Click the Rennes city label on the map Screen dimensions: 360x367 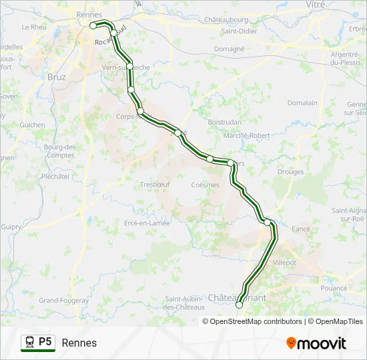[x=89, y=15]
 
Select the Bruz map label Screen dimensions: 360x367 [x=57, y=77]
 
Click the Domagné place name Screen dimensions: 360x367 [x=229, y=49]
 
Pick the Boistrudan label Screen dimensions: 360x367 [x=224, y=122]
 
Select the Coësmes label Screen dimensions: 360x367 [x=205, y=185]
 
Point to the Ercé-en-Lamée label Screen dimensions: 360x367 [x=147, y=223]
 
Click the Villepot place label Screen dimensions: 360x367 [x=284, y=263]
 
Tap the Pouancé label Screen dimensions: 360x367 [x=334, y=288]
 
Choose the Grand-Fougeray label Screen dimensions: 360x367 [x=64, y=301]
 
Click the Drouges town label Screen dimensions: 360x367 [x=290, y=172]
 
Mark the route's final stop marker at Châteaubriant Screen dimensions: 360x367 [x=240, y=305]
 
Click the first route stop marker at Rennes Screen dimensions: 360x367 [x=93, y=25]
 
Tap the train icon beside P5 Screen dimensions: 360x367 [x=29, y=342]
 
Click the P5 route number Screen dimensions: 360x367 [x=45, y=342]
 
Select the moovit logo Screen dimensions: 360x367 [x=316, y=343]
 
